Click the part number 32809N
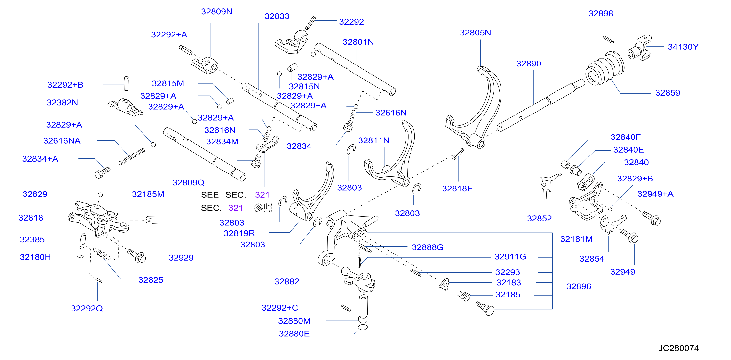click(216, 12)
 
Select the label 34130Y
click(683, 47)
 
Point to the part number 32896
click(579, 286)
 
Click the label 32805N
click(475, 33)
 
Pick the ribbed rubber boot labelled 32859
click(605, 68)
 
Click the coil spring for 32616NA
click(132, 157)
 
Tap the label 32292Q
click(87, 308)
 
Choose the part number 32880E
click(294, 334)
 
